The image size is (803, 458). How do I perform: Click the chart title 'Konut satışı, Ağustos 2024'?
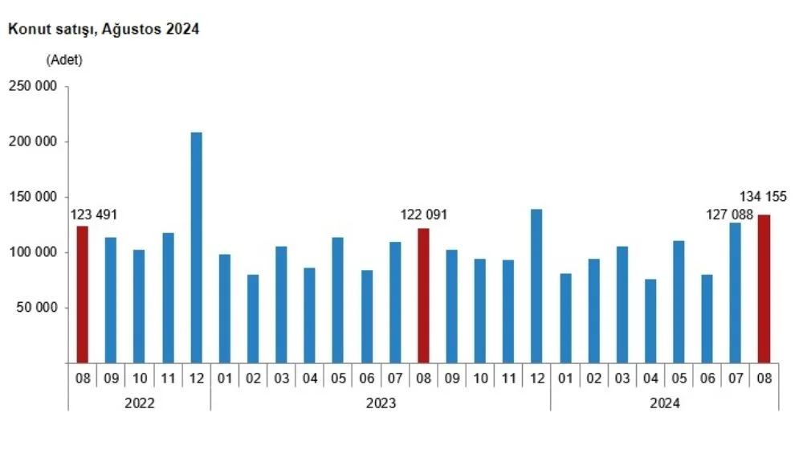tap(104, 29)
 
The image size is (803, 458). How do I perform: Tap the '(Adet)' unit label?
tap(64, 59)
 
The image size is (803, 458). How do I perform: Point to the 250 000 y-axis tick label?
tap(32, 86)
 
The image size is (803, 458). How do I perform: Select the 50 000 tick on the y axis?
tap(36, 308)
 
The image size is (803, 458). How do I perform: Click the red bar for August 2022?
tap(82, 294)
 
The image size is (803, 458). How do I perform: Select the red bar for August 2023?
tap(423, 296)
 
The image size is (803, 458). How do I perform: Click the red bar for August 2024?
tap(764, 288)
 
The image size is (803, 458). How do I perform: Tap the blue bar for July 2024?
tap(736, 292)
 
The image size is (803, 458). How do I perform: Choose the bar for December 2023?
tap(536, 286)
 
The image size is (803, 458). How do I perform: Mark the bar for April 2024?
tap(650, 321)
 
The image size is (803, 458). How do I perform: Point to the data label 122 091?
tap(423, 215)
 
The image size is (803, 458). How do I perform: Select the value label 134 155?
tap(764, 197)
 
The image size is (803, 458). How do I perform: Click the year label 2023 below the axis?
tap(380, 404)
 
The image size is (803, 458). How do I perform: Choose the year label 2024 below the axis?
tap(664, 404)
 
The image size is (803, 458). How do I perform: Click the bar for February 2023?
tap(253, 318)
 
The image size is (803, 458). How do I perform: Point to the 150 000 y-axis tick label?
tap(32, 197)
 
